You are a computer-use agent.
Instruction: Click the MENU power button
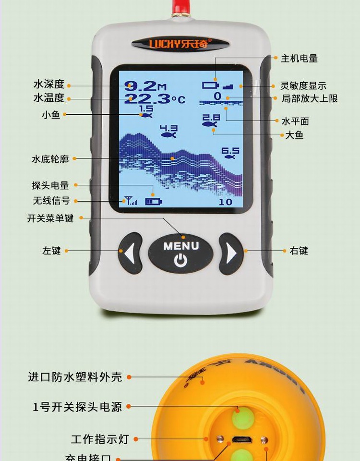click(180, 253)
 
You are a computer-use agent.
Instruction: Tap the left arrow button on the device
click(130, 253)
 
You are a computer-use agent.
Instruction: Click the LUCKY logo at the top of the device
click(180, 44)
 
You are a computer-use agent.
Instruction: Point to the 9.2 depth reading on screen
click(141, 86)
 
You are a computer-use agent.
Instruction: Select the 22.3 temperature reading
click(148, 99)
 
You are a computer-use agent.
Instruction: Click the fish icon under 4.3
click(168, 135)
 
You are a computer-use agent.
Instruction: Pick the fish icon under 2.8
click(210, 124)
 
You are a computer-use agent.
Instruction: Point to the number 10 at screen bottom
click(226, 202)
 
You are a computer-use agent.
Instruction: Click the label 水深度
click(48, 85)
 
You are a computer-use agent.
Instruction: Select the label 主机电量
click(299, 59)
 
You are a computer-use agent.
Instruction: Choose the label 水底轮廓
click(50, 158)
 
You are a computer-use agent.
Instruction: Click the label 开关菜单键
click(50, 218)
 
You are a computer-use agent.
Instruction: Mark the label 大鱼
click(294, 135)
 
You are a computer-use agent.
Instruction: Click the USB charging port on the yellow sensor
click(241, 439)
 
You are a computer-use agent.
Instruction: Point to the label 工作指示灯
click(100, 439)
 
